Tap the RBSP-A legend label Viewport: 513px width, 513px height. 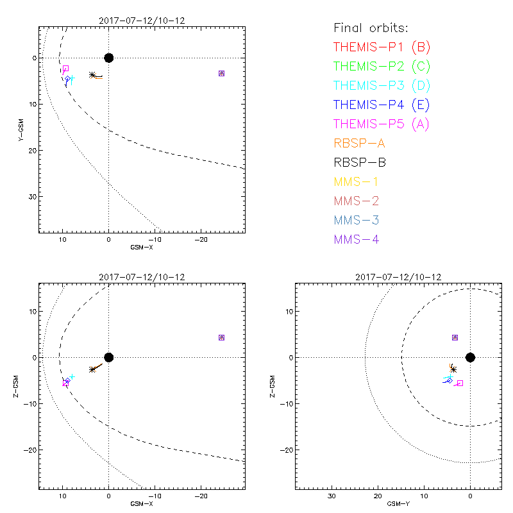[359, 143]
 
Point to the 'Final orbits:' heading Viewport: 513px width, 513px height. [371, 28]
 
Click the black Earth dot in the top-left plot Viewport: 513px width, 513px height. [108, 58]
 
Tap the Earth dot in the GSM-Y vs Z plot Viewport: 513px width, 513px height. [470, 357]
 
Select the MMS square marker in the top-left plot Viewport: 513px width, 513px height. [221, 73]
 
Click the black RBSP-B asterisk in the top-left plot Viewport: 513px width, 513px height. [92, 75]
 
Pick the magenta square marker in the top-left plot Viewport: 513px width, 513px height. [65, 68]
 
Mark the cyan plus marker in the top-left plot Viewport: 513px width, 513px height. [72, 78]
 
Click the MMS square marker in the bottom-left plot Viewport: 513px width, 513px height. [221, 337]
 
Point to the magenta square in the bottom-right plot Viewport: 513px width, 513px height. [460, 383]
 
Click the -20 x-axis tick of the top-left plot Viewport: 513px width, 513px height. [200, 239]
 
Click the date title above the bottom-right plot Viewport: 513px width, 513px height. [398, 276]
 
